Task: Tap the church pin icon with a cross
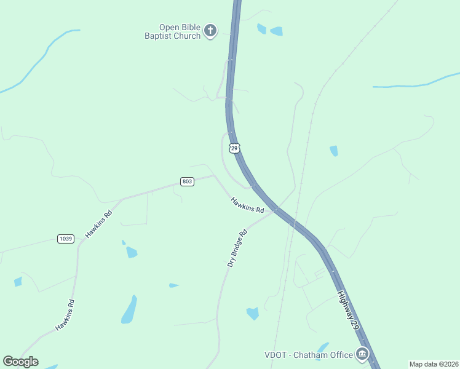[210, 31]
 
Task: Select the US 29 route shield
[234, 148]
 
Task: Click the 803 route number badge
[187, 181]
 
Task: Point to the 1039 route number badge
[65, 239]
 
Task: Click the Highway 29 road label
[347, 312]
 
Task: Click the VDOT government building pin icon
[362, 354]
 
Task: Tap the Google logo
[20, 362]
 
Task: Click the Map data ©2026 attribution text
[433, 364]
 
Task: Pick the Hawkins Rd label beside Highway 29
[247, 205]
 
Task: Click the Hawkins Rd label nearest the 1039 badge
[98, 224]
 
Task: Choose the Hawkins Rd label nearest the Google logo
[65, 315]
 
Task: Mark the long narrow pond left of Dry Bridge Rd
[129, 309]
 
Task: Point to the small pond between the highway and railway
[333, 151]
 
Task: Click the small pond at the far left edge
[18, 282]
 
